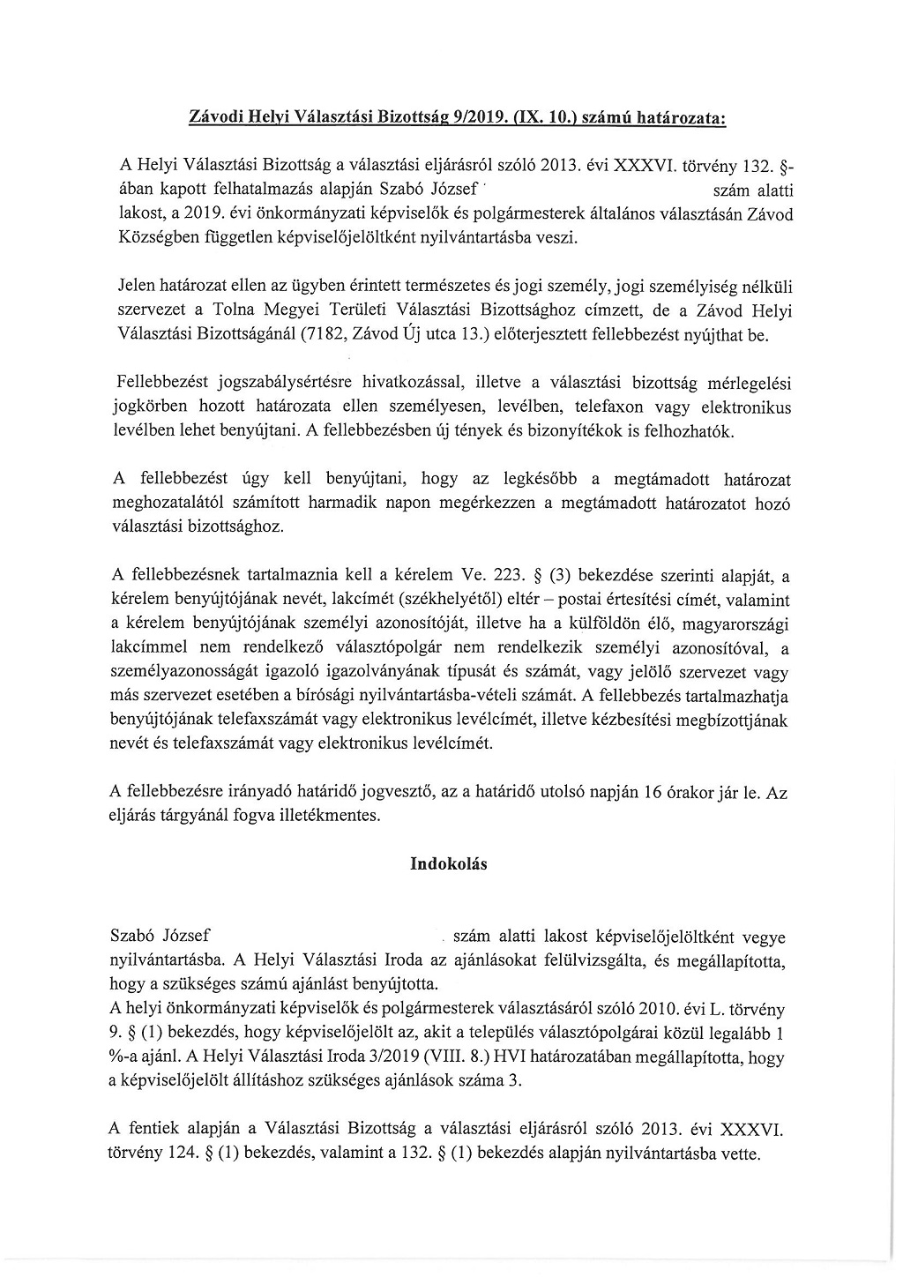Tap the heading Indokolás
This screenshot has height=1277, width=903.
click(449, 863)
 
